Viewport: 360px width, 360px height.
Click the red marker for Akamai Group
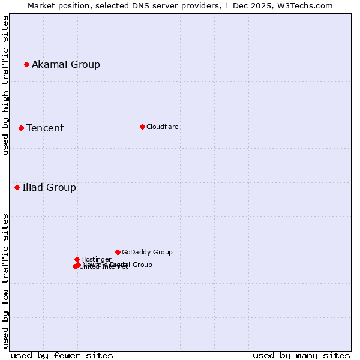tap(26, 64)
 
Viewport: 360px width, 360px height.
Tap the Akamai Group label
tap(66, 64)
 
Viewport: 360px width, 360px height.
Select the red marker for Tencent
tap(21, 128)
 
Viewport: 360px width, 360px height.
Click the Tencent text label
tap(45, 128)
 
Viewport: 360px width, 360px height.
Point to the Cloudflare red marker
tap(142, 127)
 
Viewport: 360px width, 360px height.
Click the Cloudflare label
tap(163, 127)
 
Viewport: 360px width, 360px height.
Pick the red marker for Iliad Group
tap(17, 187)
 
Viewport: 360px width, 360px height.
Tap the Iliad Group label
tap(49, 187)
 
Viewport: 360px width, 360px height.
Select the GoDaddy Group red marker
tap(118, 252)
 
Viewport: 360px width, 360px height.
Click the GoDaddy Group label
tap(147, 252)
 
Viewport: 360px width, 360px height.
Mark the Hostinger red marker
tap(77, 259)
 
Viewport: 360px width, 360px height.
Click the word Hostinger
tap(96, 259)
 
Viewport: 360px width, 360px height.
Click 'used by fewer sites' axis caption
tap(62, 355)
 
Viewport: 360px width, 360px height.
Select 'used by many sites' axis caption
tap(301, 355)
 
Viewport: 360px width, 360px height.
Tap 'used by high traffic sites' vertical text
tap(5, 85)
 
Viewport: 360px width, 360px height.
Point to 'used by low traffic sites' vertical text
tap(5, 281)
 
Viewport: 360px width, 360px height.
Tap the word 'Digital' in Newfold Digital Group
tap(120, 265)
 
